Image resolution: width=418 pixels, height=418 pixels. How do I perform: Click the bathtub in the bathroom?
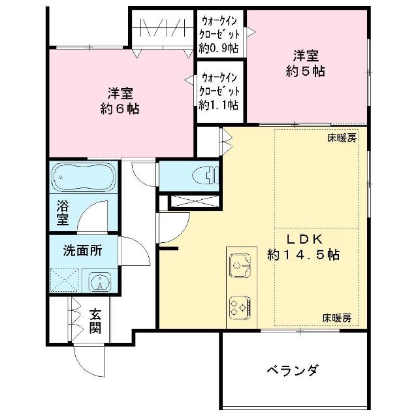tap(84, 177)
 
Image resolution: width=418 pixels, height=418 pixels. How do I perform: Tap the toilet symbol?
tap(205, 175)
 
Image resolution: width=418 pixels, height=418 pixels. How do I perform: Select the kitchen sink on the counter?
tap(240, 266)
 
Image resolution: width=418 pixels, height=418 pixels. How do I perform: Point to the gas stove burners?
tap(240, 308)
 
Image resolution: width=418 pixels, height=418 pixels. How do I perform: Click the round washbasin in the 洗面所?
tap(101, 282)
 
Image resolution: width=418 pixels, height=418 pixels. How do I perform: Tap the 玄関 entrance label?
tap(95, 321)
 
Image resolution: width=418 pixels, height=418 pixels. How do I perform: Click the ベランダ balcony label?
tap(293, 370)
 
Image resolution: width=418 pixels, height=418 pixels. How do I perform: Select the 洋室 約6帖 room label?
tap(120, 101)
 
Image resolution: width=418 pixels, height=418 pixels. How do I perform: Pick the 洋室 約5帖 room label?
tap(306, 63)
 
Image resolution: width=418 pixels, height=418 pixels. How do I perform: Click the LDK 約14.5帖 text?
tap(303, 247)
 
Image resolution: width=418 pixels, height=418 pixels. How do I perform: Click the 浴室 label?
tap(63, 213)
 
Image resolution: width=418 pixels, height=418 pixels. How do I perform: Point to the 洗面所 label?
tap(83, 251)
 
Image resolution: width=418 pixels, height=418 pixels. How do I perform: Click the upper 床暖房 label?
tap(342, 138)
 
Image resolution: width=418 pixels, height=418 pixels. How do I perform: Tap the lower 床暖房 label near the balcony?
tap(337, 318)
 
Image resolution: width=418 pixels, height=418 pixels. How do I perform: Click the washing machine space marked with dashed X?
tap(65, 280)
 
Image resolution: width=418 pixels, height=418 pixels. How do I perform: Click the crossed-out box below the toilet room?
tap(195, 201)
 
